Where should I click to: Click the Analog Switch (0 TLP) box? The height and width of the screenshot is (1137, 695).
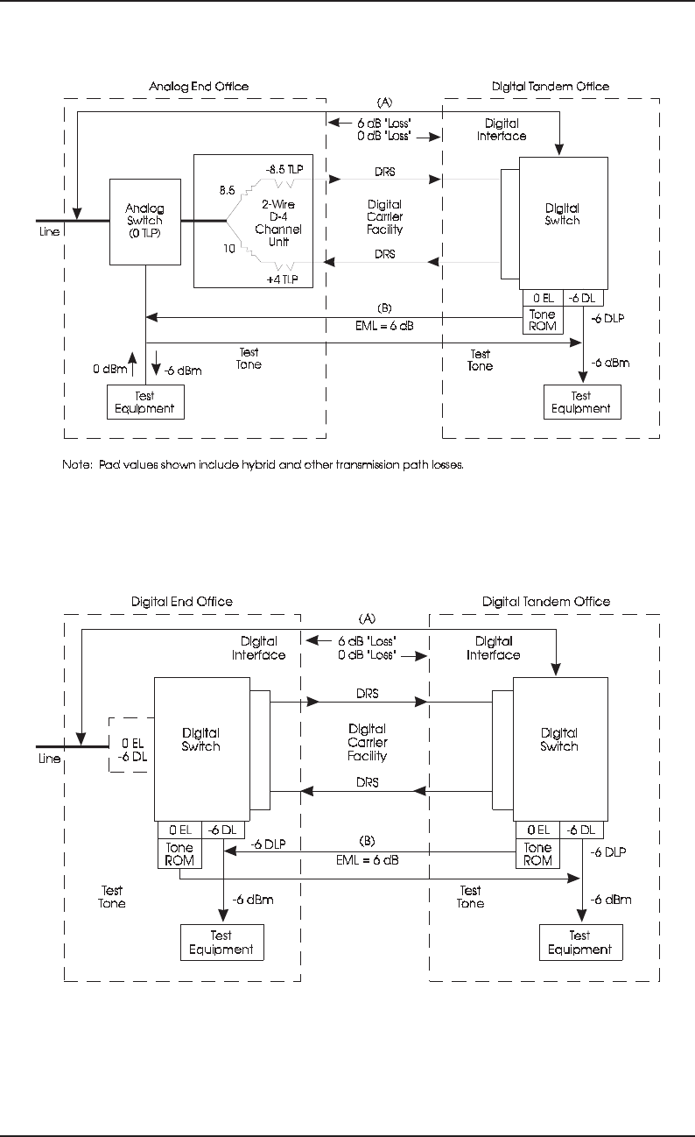[x=144, y=221]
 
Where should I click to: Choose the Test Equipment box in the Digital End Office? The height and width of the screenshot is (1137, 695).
[x=221, y=943]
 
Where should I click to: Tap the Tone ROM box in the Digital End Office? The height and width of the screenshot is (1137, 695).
[x=179, y=853]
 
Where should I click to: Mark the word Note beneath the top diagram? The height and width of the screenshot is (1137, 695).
[x=77, y=464]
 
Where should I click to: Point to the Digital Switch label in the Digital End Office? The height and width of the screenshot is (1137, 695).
[x=200, y=739]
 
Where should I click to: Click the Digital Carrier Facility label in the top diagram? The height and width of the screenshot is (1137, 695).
[x=384, y=217]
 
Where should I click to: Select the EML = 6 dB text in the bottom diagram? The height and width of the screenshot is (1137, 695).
[x=368, y=860]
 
